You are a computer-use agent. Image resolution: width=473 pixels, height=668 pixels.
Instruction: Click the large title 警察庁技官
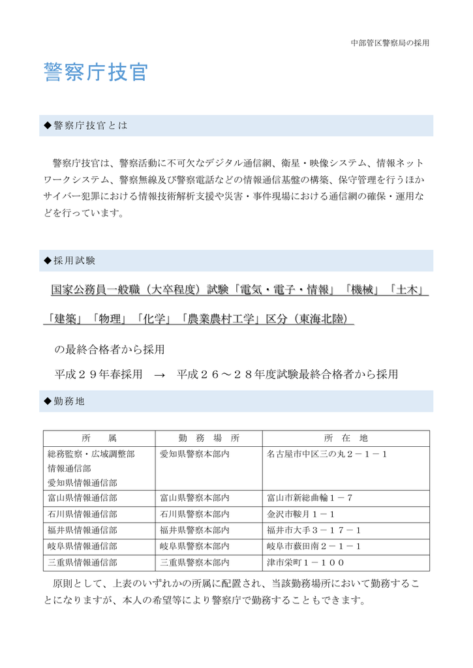[96, 73]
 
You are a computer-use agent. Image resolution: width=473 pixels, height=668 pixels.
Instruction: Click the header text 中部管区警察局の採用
[389, 43]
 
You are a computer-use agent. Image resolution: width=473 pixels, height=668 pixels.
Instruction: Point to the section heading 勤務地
[68, 401]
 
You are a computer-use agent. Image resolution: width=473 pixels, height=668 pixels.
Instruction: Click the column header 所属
[99, 438]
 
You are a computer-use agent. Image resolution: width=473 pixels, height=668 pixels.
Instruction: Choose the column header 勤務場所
[209, 438]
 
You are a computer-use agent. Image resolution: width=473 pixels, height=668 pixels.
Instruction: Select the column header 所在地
[346, 438]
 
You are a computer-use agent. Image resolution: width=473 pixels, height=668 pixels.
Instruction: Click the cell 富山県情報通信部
[82, 498]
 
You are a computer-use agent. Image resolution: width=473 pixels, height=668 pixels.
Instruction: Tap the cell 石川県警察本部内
[194, 514]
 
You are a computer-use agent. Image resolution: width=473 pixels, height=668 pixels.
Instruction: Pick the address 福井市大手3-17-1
[314, 530]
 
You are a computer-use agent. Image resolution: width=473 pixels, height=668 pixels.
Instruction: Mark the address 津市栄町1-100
[305, 562]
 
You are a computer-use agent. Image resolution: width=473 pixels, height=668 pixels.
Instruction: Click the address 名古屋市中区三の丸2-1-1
[327, 455]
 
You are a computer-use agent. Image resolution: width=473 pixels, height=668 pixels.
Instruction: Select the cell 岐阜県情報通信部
[82, 547]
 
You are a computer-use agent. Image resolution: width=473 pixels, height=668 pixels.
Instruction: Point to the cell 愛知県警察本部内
[194, 455]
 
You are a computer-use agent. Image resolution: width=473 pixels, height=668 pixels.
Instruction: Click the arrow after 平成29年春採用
[160, 375]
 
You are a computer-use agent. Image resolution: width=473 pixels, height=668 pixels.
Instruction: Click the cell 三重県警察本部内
[194, 562]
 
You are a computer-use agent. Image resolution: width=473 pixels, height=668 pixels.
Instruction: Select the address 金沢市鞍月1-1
[301, 514]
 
